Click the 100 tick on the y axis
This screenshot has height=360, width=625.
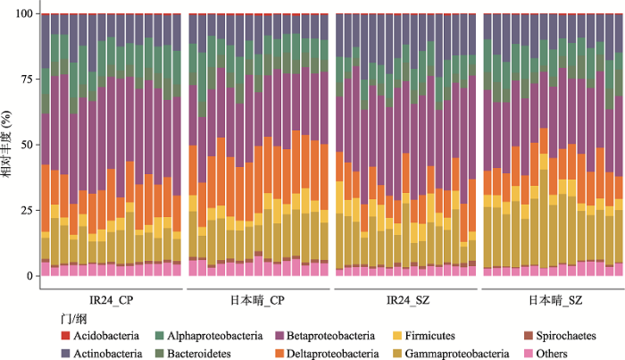pos(22,13)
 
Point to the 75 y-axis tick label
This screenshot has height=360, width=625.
pos(25,79)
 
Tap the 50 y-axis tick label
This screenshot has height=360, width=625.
pos(25,145)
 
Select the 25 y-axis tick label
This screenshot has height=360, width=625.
pos(25,210)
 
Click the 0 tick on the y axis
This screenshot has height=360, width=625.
pos(29,276)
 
